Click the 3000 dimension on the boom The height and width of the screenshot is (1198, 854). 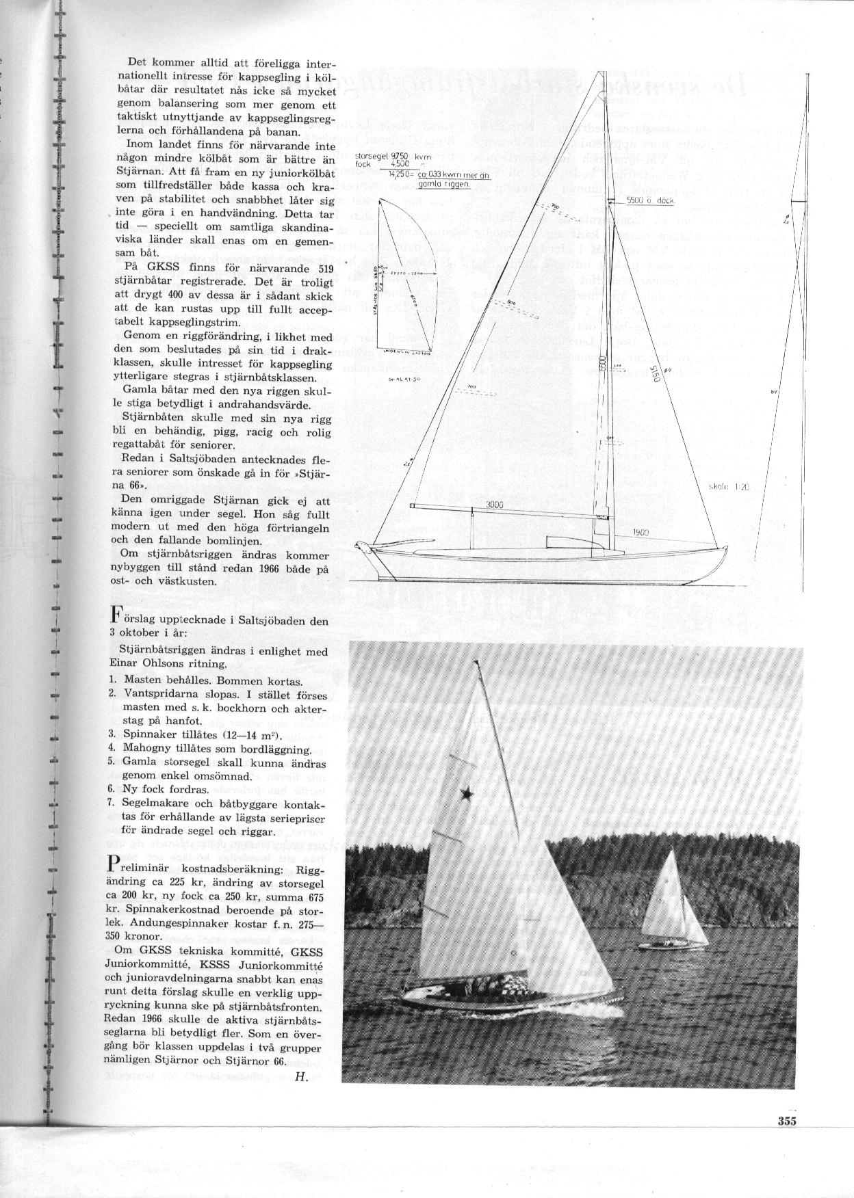tap(495, 505)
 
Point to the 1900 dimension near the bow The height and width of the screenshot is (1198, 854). tap(641, 532)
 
